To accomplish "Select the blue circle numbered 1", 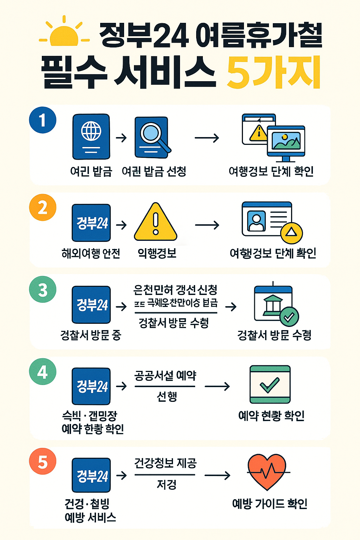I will [43, 120].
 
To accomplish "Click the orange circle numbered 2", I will [43, 207].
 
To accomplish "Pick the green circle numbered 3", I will [43, 290].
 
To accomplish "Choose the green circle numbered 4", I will [43, 372].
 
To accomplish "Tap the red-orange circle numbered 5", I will [43, 461].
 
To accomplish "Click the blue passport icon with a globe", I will [91, 136].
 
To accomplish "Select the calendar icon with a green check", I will [270, 384].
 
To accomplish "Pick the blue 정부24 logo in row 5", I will [91, 475].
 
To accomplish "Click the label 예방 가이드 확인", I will [270, 504].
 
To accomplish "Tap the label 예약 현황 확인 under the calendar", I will [271, 416].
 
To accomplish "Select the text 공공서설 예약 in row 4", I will [165, 375].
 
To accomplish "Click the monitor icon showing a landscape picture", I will [286, 141].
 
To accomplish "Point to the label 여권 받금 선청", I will [154, 172].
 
